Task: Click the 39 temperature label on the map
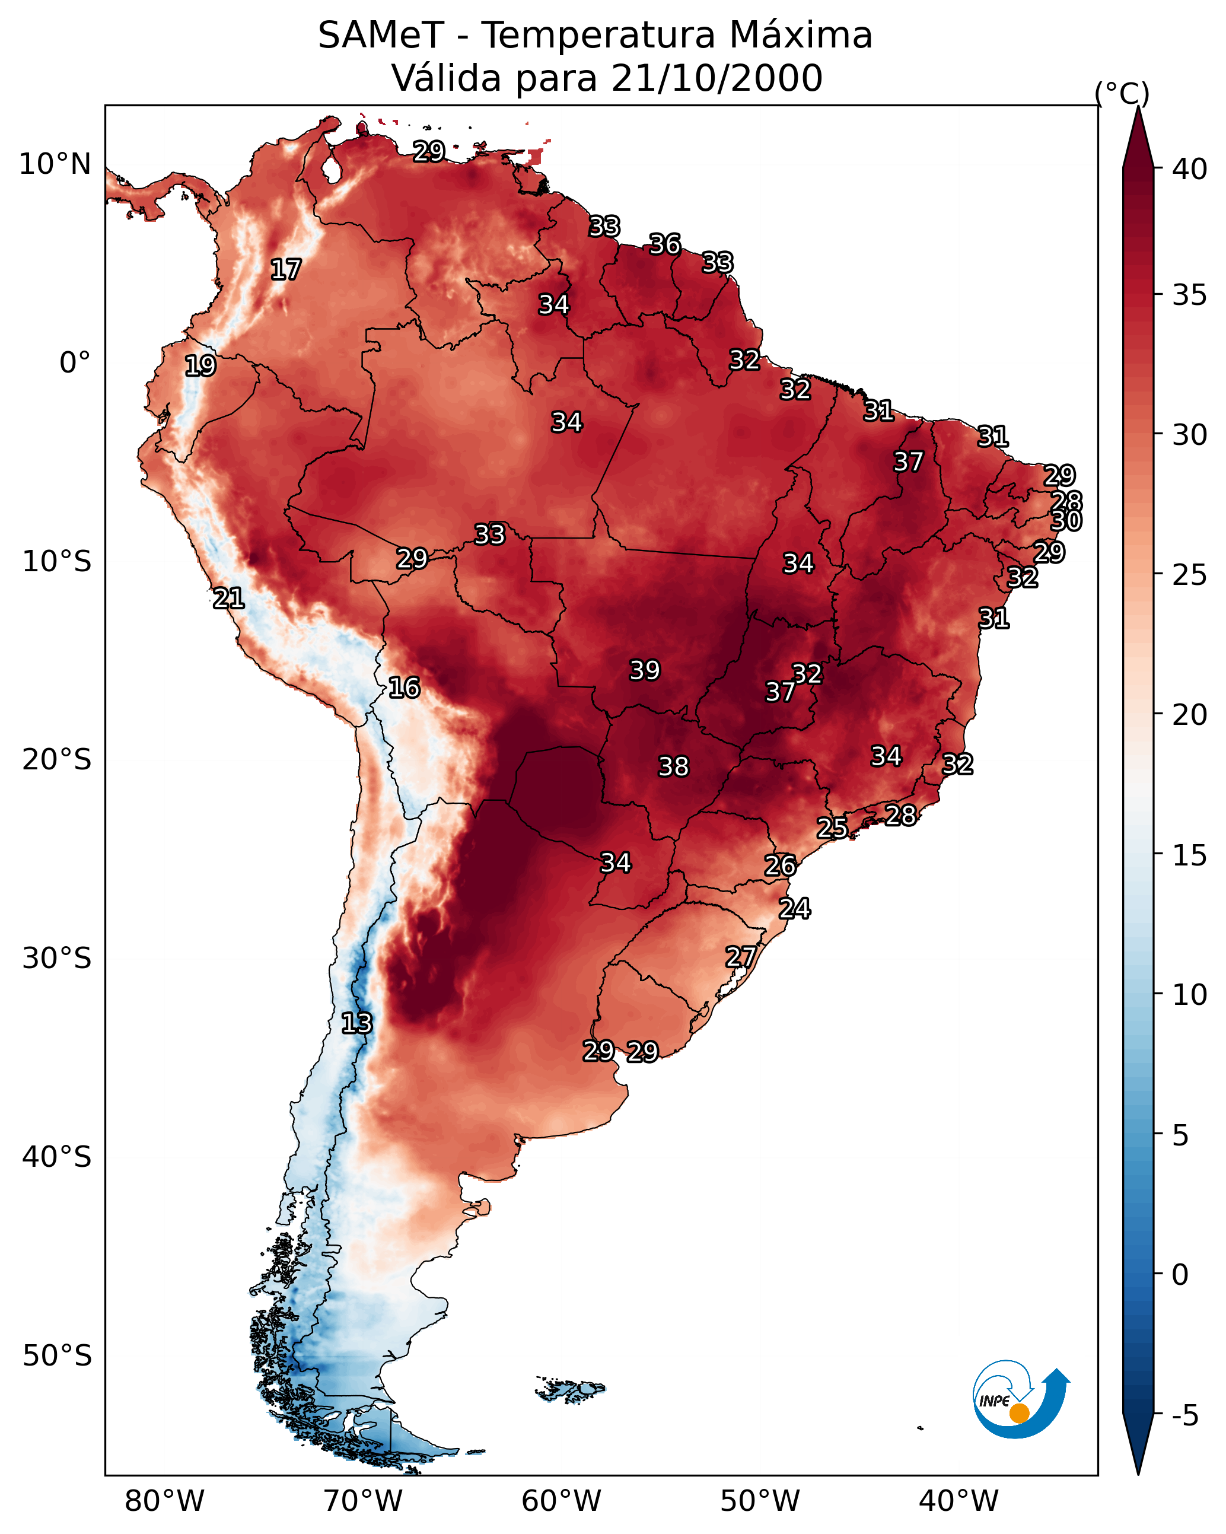point(645,670)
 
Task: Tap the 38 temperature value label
point(673,767)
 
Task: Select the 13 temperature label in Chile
point(356,1023)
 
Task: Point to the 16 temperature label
point(404,688)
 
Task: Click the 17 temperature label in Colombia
point(286,270)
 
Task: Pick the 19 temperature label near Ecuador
point(200,366)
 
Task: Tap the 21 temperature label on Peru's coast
point(228,599)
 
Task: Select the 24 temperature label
point(794,909)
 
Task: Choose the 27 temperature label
point(741,956)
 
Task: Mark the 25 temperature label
point(832,828)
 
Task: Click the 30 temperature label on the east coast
point(1066,521)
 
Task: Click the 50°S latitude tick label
point(57,1356)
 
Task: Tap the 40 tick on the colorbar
point(1190,169)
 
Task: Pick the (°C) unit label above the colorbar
point(1122,93)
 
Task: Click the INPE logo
point(1020,1399)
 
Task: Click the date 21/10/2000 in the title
point(717,78)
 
